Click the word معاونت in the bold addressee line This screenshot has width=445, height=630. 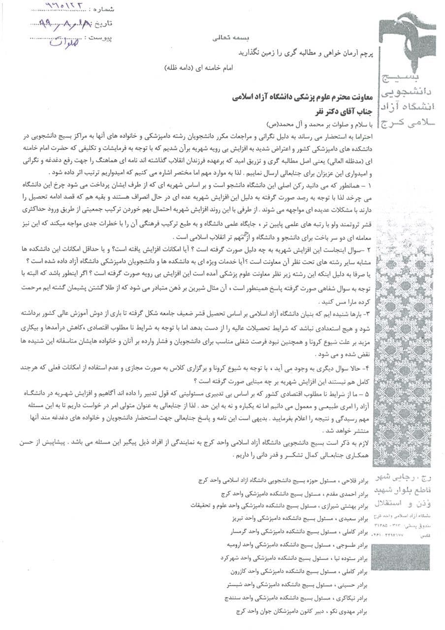coord(357,97)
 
